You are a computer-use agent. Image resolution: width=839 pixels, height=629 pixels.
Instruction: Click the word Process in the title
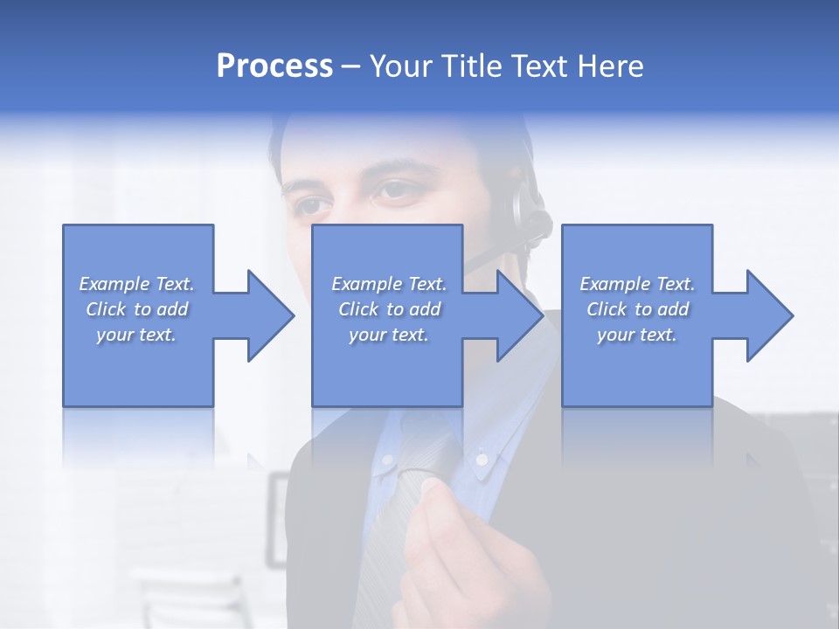[x=274, y=66]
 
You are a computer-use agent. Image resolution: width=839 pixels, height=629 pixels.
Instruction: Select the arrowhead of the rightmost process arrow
[x=768, y=315]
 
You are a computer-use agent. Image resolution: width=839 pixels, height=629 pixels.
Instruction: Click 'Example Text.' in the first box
[x=136, y=284]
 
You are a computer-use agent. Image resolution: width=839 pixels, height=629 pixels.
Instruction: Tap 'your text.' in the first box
[x=136, y=335]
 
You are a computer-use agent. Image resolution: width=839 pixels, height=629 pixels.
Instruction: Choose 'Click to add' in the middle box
[x=389, y=309]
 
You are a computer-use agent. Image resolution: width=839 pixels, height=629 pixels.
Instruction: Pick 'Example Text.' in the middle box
[x=389, y=284]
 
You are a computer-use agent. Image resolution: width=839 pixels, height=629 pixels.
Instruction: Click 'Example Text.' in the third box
[x=637, y=284]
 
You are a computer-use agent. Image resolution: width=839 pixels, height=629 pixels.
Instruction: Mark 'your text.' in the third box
[x=637, y=335]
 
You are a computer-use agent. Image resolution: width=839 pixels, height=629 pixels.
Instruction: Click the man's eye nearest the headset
[x=397, y=190]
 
